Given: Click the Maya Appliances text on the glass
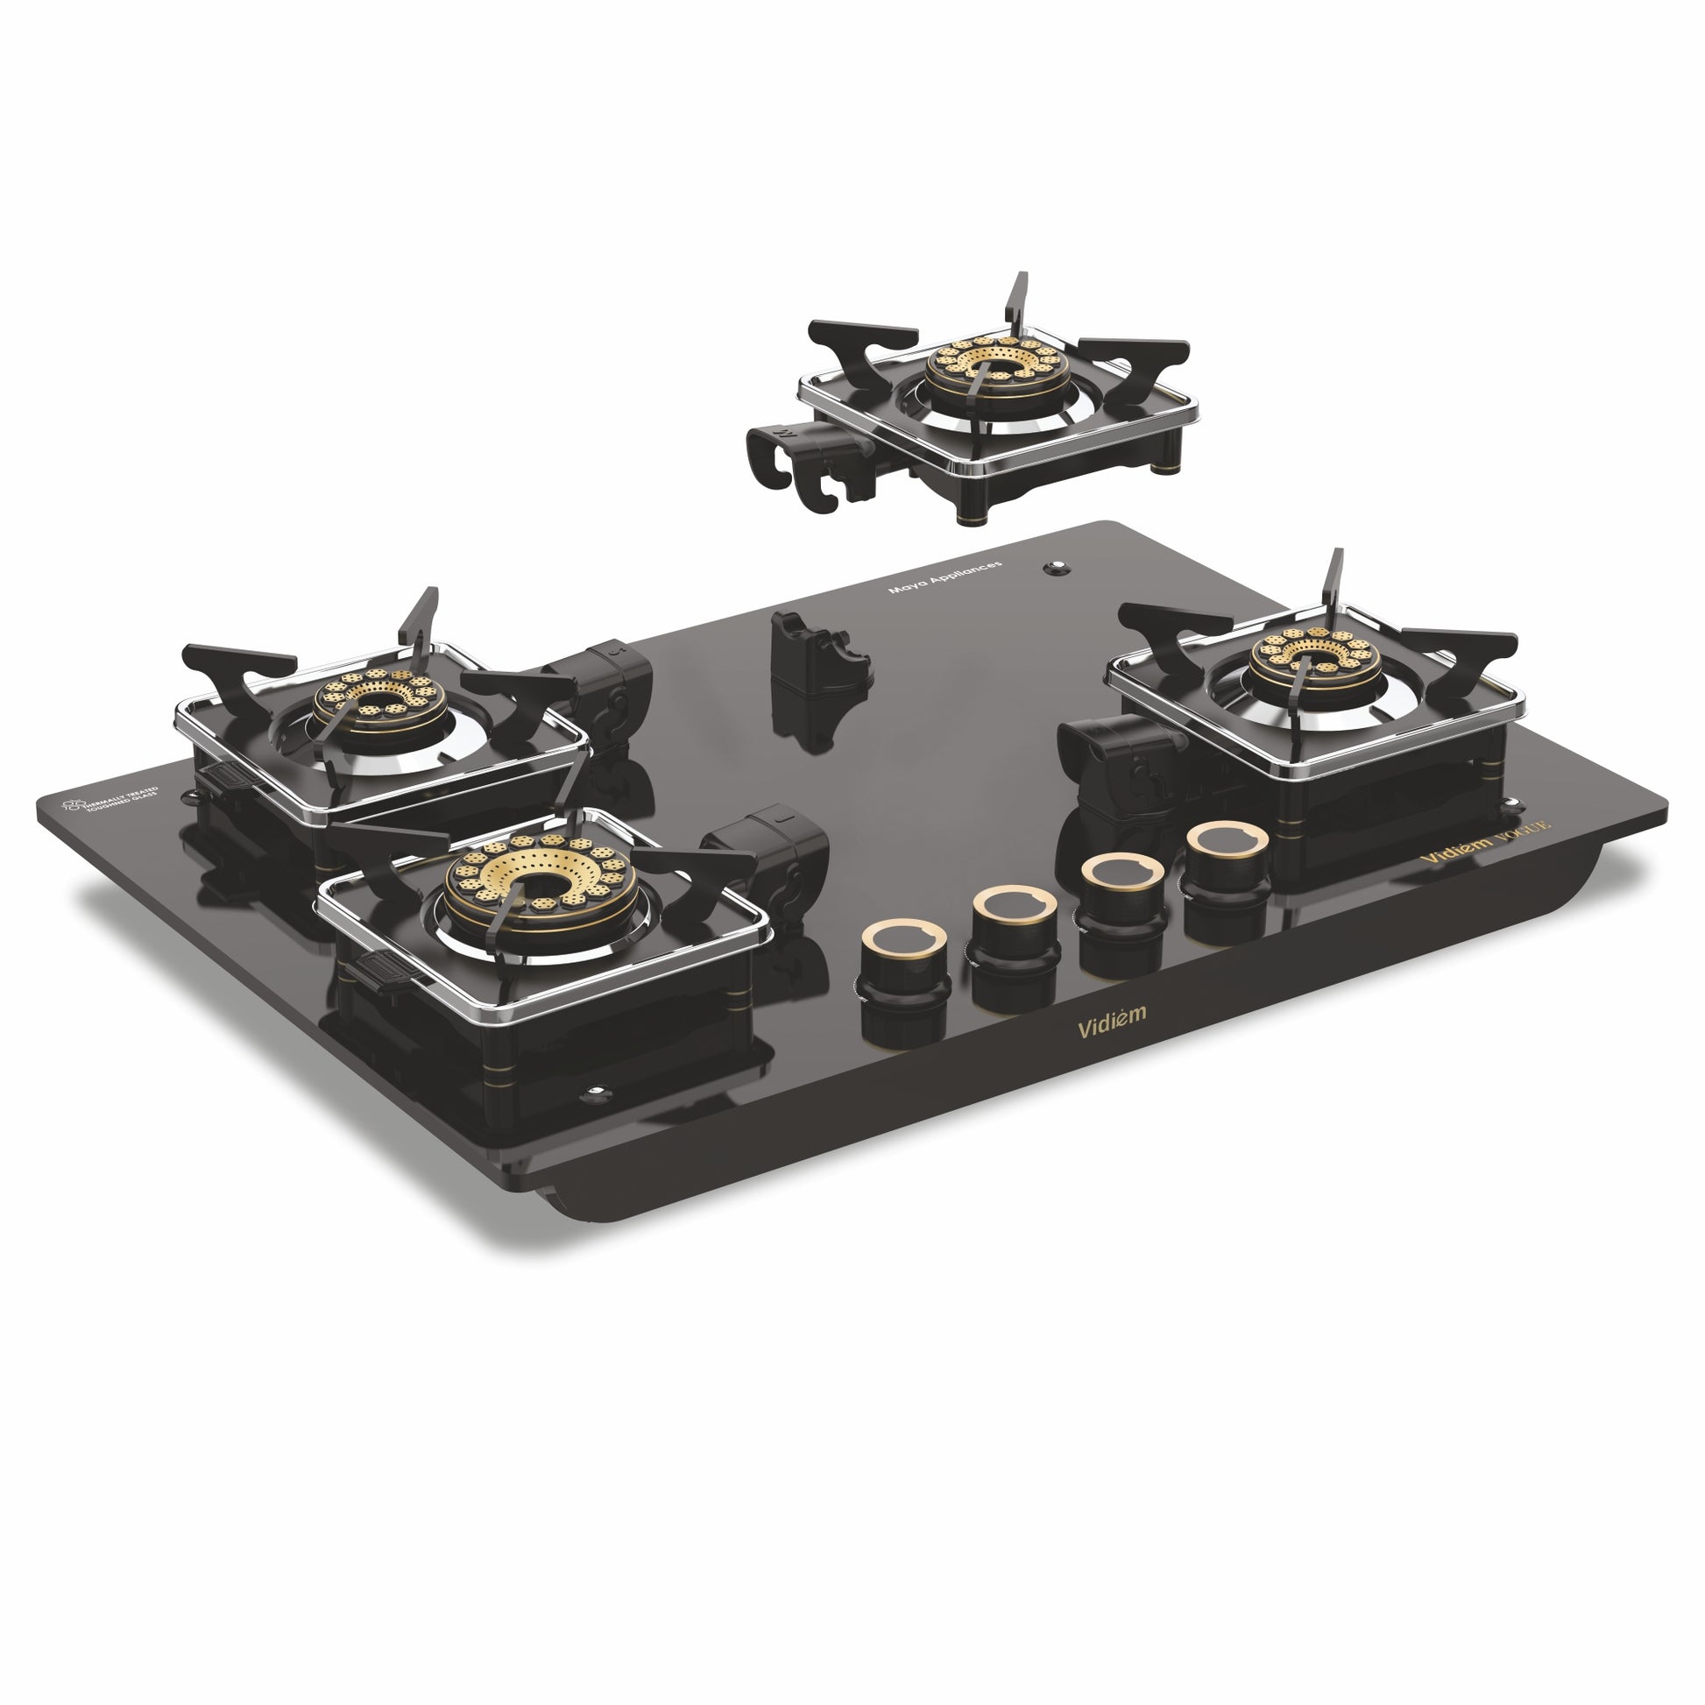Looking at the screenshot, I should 945,577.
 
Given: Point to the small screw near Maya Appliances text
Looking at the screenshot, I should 1054,569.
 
